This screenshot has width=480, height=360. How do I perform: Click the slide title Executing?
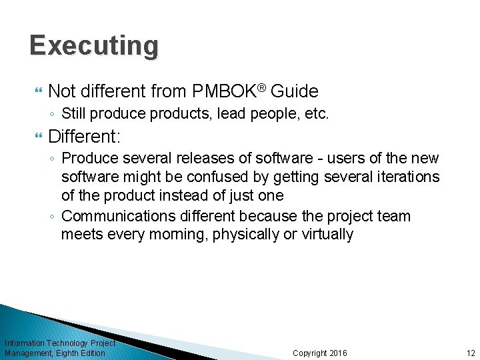pos(94,46)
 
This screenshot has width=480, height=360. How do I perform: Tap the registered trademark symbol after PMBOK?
pos(263,87)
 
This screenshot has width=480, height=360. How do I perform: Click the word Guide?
pos(294,91)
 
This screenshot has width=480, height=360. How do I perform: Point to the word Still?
pos(75,113)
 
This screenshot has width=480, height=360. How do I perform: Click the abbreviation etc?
pos(317,113)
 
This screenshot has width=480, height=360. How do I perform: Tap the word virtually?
pos(327,235)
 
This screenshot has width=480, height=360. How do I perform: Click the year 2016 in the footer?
pos(337,353)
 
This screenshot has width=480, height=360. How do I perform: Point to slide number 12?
pos(471,353)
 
